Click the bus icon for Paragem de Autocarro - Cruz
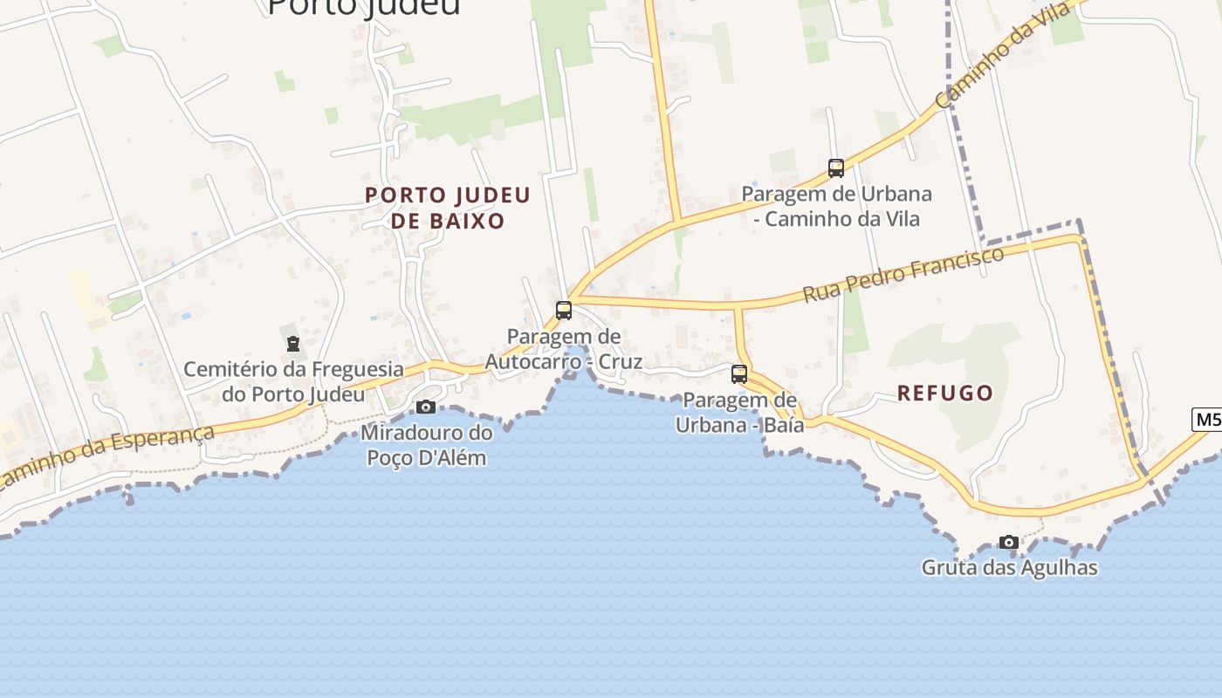pyautogui.click(x=564, y=310)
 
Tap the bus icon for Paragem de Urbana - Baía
pyautogui.click(x=739, y=374)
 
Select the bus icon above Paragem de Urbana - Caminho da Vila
pyautogui.click(x=836, y=168)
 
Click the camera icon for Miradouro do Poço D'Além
pyautogui.click(x=426, y=407)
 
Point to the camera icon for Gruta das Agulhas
pyautogui.click(x=1009, y=542)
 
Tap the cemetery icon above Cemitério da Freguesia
pyautogui.click(x=292, y=344)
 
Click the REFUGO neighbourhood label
pyautogui.click(x=945, y=393)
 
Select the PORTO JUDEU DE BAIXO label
pyautogui.click(x=448, y=208)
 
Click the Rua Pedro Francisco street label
pyautogui.click(x=903, y=274)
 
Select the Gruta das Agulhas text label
pyautogui.click(x=1009, y=568)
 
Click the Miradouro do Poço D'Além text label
pyautogui.click(x=426, y=444)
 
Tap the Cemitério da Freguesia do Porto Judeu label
pyautogui.click(x=293, y=381)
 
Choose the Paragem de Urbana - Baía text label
pyautogui.click(x=736, y=413)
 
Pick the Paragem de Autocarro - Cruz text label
pyautogui.click(x=564, y=349)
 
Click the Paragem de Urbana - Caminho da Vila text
pyautogui.click(x=836, y=206)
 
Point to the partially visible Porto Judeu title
pyautogui.click(x=363, y=7)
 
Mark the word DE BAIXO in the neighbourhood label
pyautogui.click(x=448, y=221)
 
